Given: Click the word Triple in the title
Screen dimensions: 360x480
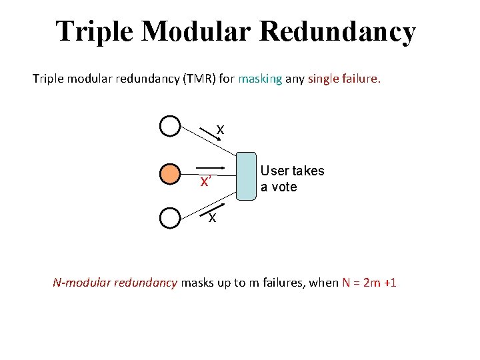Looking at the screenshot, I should [94, 31].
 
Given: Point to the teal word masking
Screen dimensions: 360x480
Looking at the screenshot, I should [260, 79].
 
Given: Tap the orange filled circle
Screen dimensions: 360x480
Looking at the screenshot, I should [171, 174].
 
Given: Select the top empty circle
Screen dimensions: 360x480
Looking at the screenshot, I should [171, 125].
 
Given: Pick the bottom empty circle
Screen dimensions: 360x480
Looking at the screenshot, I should [171, 218].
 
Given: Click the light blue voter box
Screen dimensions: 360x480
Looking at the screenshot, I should [247, 176].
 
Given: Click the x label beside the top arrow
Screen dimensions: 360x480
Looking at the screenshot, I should [220, 129].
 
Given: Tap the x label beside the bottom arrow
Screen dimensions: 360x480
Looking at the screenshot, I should [211, 217].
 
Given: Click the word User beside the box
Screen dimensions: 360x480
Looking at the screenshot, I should [273, 171].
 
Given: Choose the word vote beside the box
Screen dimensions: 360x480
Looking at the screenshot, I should [285, 187].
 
